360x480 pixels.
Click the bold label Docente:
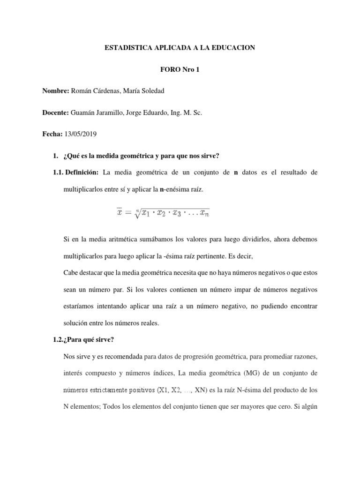(x=56, y=112)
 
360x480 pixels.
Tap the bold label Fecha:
(x=52, y=134)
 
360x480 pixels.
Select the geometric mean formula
(x=163, y=213)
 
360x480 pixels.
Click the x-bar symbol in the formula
(x=120, y=212)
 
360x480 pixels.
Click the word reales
(x=149, y=323)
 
